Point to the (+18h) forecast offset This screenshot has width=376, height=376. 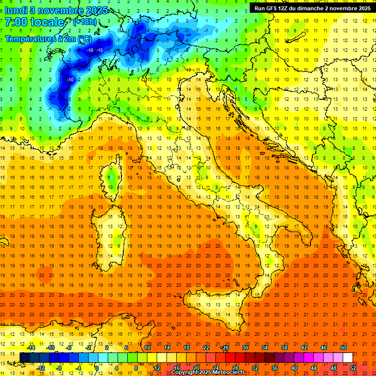(x=84, y=22)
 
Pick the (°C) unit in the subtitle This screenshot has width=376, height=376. (x=84, y=38)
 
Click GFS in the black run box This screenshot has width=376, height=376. (x=272, y=8)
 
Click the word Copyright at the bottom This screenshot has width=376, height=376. (x=185, y=373)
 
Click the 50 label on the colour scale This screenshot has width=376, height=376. (x=343, y=348)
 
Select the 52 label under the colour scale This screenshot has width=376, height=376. (x=353, y=368)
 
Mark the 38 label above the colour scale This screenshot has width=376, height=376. (x=284, y=348)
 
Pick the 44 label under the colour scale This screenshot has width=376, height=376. (x=314, y=368)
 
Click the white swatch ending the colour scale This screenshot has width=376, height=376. (x=348, y=357)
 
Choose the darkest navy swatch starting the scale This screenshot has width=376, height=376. (x=24, y=357)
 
